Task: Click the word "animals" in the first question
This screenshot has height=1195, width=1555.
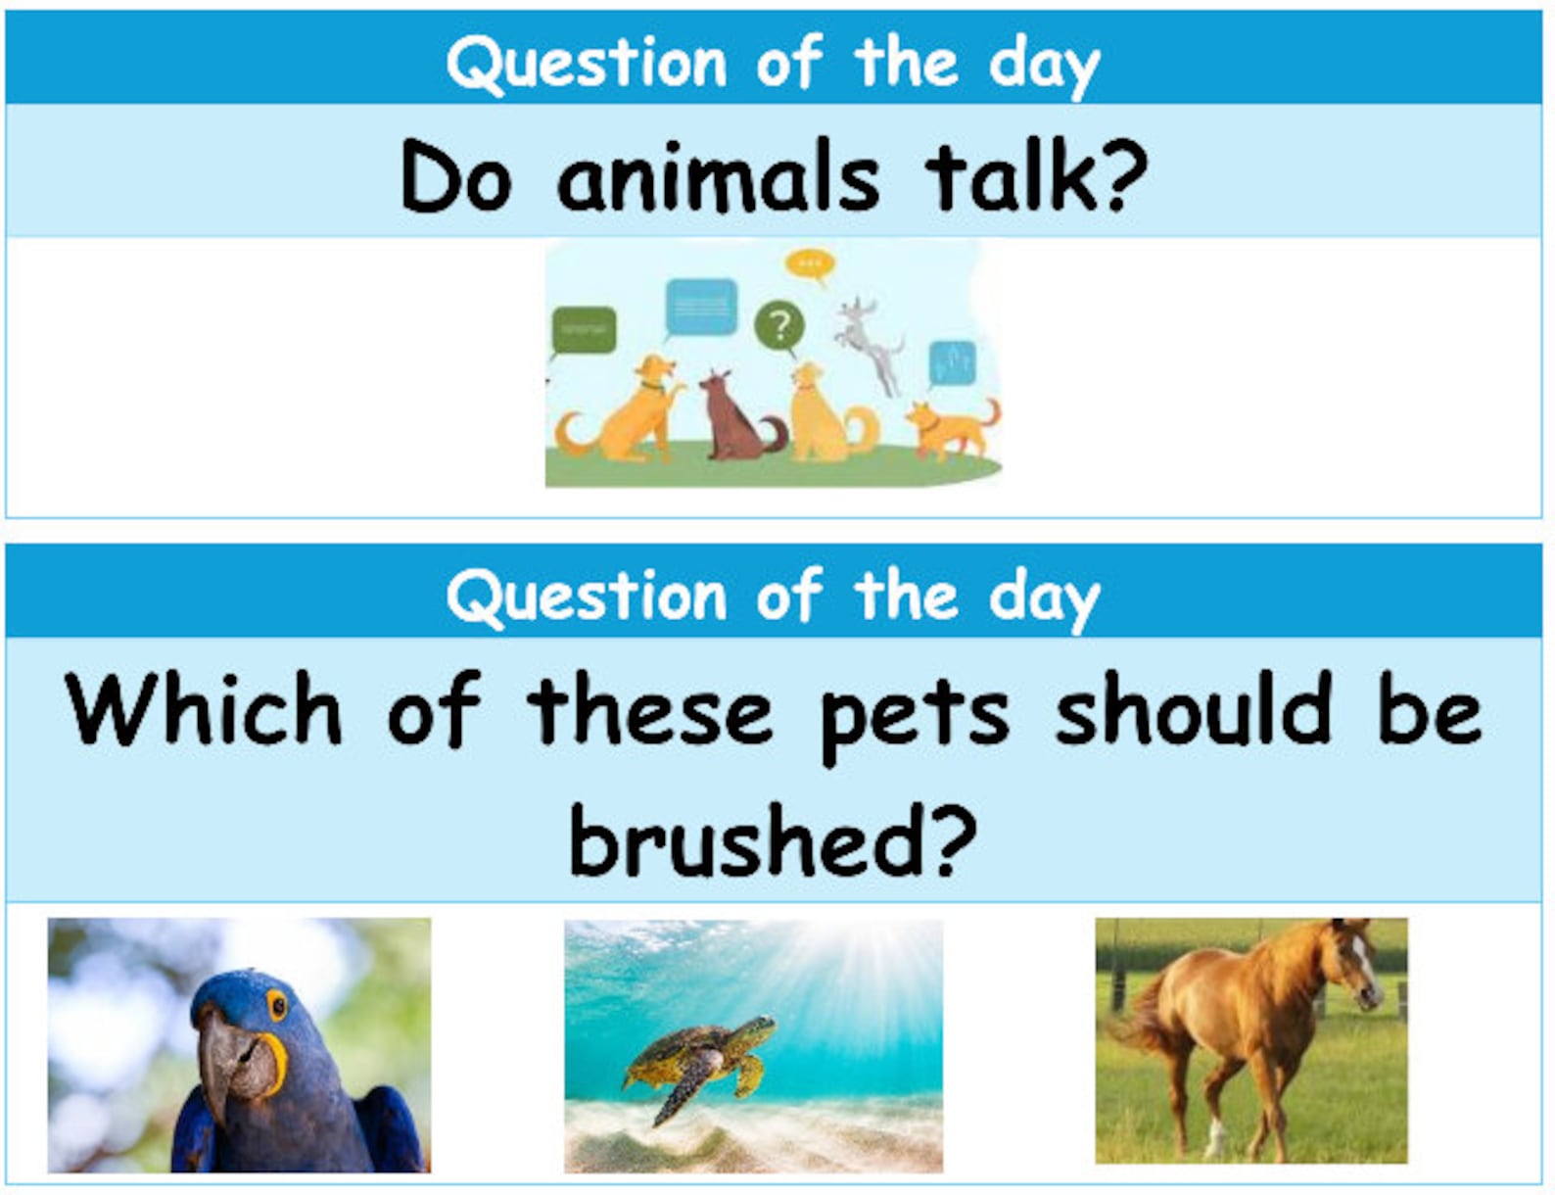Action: pyautogui.click(x=718, y=177)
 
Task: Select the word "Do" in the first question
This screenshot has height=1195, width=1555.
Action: pyautogui.click(x=455, y=177)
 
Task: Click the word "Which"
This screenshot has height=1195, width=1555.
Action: pyautogui.click(x=205, y=710)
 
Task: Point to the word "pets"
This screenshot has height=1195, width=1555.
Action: pyautogui.click(x=915, y=714)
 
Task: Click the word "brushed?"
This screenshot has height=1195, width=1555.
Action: pyautogui.click(x=773, y=840)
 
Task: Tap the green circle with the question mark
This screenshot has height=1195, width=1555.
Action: pyautogui.click(x=779, y=325)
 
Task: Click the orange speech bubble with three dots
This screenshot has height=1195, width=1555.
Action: pyautogui.click(x=810, y=264)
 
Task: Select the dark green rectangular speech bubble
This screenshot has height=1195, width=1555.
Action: pyautogui.click(x=585, y=330)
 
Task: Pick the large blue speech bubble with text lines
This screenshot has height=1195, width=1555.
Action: pyautogui.click(x=701, y=308)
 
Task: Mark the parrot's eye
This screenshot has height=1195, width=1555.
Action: pyautogui.click(x=277, y=1006)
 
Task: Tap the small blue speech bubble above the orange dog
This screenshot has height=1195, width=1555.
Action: pyautogui.click(x=951, y=362)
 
